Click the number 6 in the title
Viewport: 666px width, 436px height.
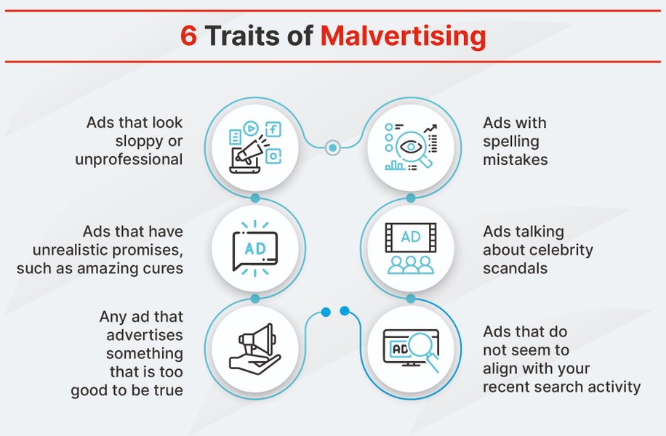188,36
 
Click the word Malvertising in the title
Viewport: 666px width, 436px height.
403,36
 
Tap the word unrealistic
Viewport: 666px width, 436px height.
76,250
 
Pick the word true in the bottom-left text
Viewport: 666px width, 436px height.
166,391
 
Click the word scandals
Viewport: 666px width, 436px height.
515,268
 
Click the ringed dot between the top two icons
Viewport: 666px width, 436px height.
332,148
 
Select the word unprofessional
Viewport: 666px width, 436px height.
129,159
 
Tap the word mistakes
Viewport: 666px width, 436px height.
515,159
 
